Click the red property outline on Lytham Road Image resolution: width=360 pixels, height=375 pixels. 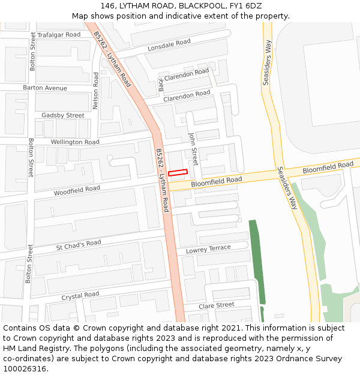point(178,173)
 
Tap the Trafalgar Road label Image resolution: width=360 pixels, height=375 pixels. point(59,35)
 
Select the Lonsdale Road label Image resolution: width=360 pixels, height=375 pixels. point(169,44)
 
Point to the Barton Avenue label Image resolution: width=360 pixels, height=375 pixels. point(45,88)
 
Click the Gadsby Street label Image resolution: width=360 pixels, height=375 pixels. point(63,115)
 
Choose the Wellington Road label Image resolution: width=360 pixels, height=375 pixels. point(75,142)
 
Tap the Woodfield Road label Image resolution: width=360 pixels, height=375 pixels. point(77,190)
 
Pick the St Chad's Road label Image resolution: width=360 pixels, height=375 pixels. point(79,244)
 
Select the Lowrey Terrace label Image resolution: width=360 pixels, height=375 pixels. point(208,249)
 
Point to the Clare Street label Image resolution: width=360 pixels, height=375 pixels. point(217,305)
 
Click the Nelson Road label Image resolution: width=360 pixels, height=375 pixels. point(95,91)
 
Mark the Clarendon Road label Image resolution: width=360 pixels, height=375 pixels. point(187,95)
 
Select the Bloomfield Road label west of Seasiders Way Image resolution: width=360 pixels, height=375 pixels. point(217,180)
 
